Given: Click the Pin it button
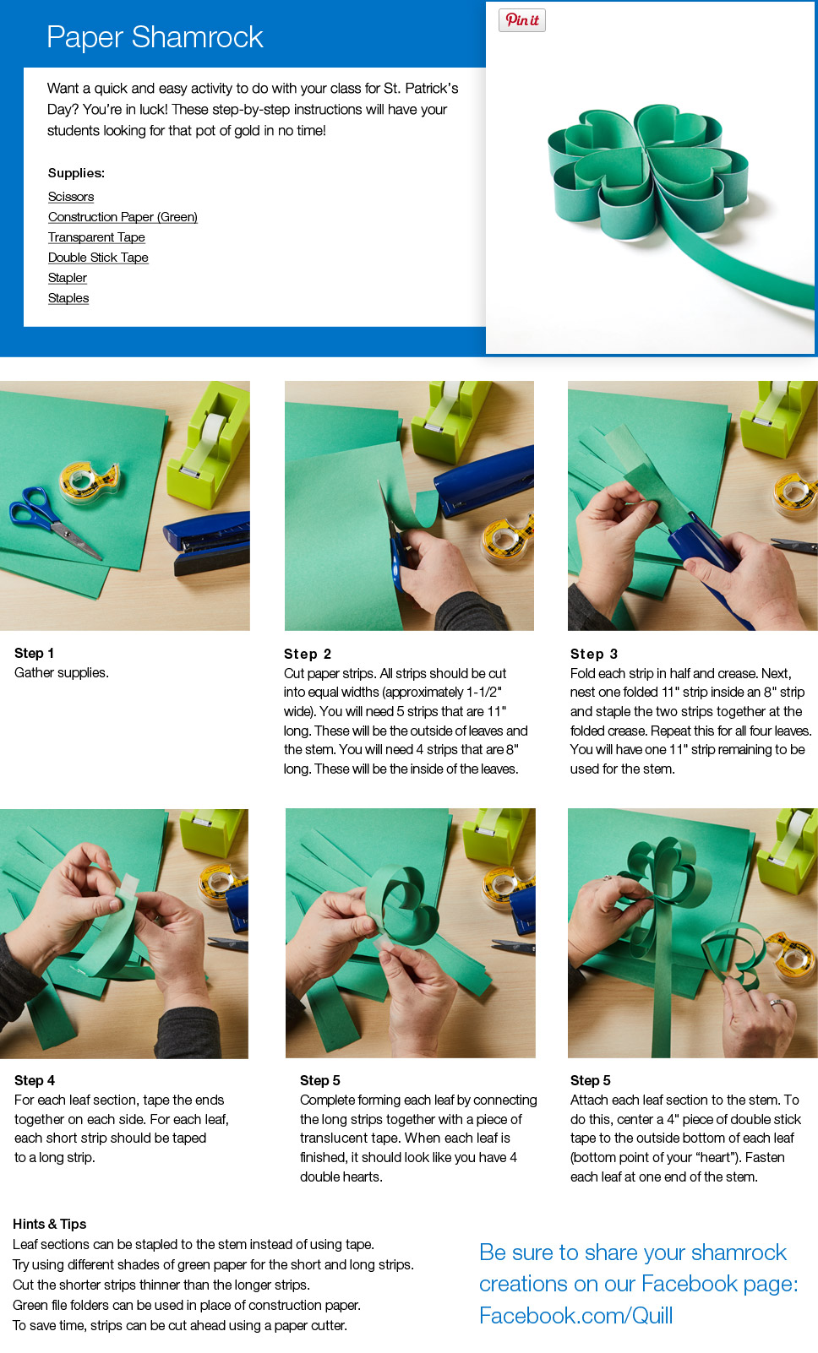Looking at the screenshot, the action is pos(522,20).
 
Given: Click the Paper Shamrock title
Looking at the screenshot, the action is pos(155,37).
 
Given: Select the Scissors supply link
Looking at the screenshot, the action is pos(71,196).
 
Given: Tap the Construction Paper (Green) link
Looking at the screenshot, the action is pos(123,217).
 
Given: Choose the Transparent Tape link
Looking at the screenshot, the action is pos(96,236).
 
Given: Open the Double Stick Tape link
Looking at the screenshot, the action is pos(98,258).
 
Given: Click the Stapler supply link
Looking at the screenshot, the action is pos(67,278).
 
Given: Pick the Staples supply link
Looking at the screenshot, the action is pos(68,298).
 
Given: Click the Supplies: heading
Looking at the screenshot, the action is pos(76,173).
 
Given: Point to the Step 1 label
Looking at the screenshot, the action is pos(34,653).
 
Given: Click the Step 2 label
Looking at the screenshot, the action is pos(308,654).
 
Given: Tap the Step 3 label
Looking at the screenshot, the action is pos(594,654).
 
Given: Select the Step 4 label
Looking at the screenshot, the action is pos(35,1080).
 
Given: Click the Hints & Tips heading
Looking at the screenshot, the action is pos(50,1224).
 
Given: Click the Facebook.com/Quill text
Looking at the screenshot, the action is pos(575,1316).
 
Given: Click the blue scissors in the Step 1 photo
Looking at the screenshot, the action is pos(54,523).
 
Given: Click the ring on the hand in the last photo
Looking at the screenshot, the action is pos(777,1003).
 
